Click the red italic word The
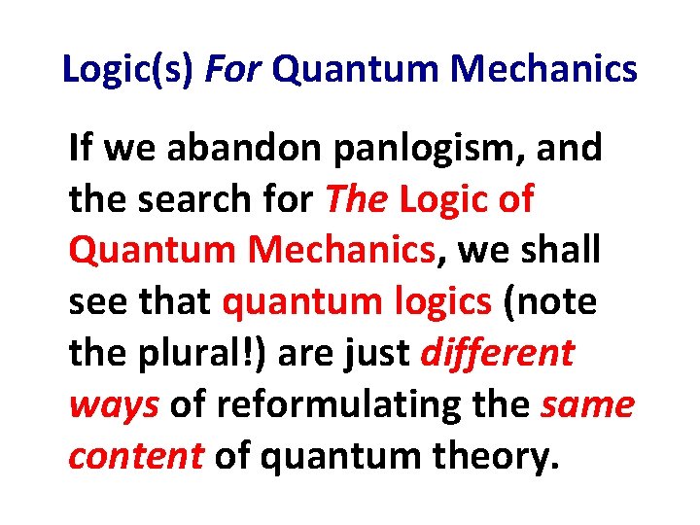pyautogui.click(x=356, y=200)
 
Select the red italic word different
pyautogui.click(x=498, y=354)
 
